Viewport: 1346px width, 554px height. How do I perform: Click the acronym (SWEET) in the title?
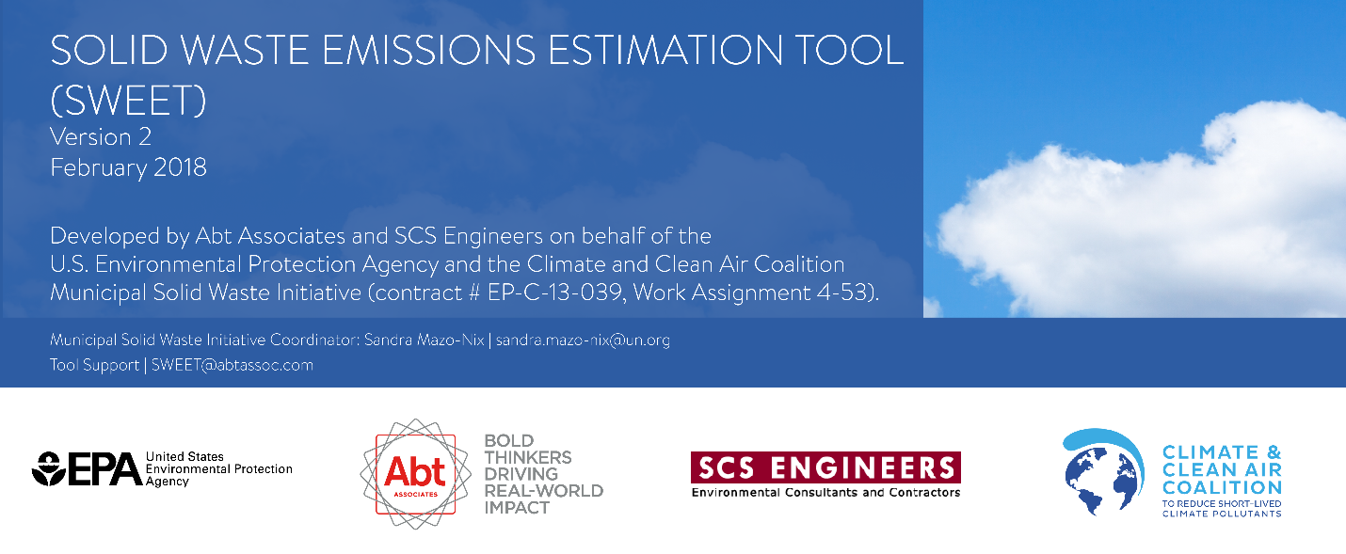point(128,101)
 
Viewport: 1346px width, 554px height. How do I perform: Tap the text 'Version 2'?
point(101,136)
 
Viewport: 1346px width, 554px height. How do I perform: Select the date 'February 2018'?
point(128,167)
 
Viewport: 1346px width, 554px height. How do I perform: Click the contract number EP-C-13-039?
point(554,293)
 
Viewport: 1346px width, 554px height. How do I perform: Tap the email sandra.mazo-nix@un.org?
point(583,340)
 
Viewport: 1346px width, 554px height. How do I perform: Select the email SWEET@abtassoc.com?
point(232,365)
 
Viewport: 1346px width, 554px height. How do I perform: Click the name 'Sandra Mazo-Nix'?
point(425,340)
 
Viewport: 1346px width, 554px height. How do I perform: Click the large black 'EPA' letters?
point(105,468)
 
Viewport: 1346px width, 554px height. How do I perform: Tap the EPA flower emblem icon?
point(49,468)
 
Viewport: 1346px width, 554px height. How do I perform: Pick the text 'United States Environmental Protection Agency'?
point(218,468)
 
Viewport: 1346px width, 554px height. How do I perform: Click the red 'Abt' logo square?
point(415,474)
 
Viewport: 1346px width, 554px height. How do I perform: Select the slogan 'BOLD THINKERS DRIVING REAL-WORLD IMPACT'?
point(544,474)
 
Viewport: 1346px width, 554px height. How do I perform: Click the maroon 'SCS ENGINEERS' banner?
point(825,467)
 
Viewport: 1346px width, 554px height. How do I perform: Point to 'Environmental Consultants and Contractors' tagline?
point(825,493)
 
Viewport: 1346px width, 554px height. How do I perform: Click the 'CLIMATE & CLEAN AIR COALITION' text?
point(1222,470)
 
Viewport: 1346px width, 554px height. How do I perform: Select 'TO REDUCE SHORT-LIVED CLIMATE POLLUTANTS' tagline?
point(1222,509)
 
